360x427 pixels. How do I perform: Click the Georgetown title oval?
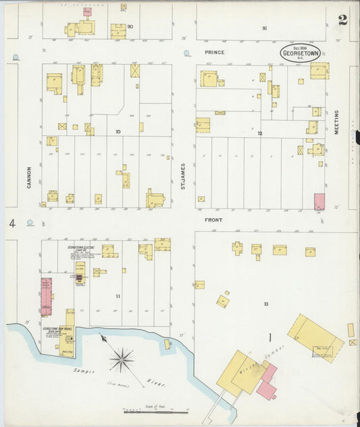pos(301,54)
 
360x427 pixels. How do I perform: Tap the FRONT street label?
pos(213,220)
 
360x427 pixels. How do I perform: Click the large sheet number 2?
pos(342,20)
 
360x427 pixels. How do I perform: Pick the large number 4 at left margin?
pos(12,223)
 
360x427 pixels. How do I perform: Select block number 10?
pos(118,131)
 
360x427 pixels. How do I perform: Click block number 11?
pos(118,297)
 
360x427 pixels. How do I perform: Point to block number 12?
pos(259,133)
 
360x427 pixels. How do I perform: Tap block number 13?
pos(266,304)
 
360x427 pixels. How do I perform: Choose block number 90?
pos(130,26)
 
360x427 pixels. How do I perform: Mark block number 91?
pos(265,28)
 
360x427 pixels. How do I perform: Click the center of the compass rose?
pos(122,359)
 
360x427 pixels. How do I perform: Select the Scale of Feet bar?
pos(155,411)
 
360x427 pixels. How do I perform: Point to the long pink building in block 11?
pos(46,297)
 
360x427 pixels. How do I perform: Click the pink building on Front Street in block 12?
pos(319,201)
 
